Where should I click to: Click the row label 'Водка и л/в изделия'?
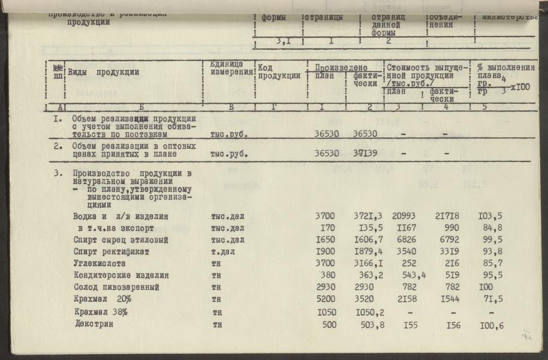coord(121,217)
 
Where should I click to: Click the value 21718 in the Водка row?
coord(447,217)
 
